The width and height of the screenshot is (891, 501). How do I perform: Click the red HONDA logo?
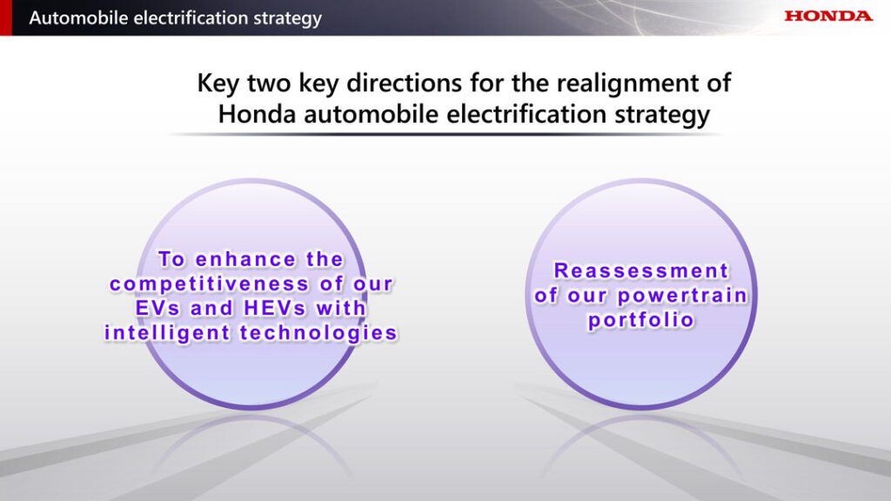[828, 16]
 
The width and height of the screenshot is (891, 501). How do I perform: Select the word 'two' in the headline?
[270, 83]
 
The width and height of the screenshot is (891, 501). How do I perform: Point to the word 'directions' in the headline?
[404, 83]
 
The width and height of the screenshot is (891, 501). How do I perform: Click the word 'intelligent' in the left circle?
[167, 333]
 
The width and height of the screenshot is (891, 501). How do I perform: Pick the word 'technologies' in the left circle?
[318, 333]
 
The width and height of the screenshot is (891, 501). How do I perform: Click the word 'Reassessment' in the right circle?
[641, 271]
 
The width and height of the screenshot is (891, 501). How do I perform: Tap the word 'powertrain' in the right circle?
[682, 296]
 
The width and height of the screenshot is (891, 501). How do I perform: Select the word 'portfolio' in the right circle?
[641, 320]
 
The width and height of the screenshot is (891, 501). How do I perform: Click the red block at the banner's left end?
[6, 17]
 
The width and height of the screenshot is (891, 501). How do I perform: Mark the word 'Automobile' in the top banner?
[79, 17]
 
